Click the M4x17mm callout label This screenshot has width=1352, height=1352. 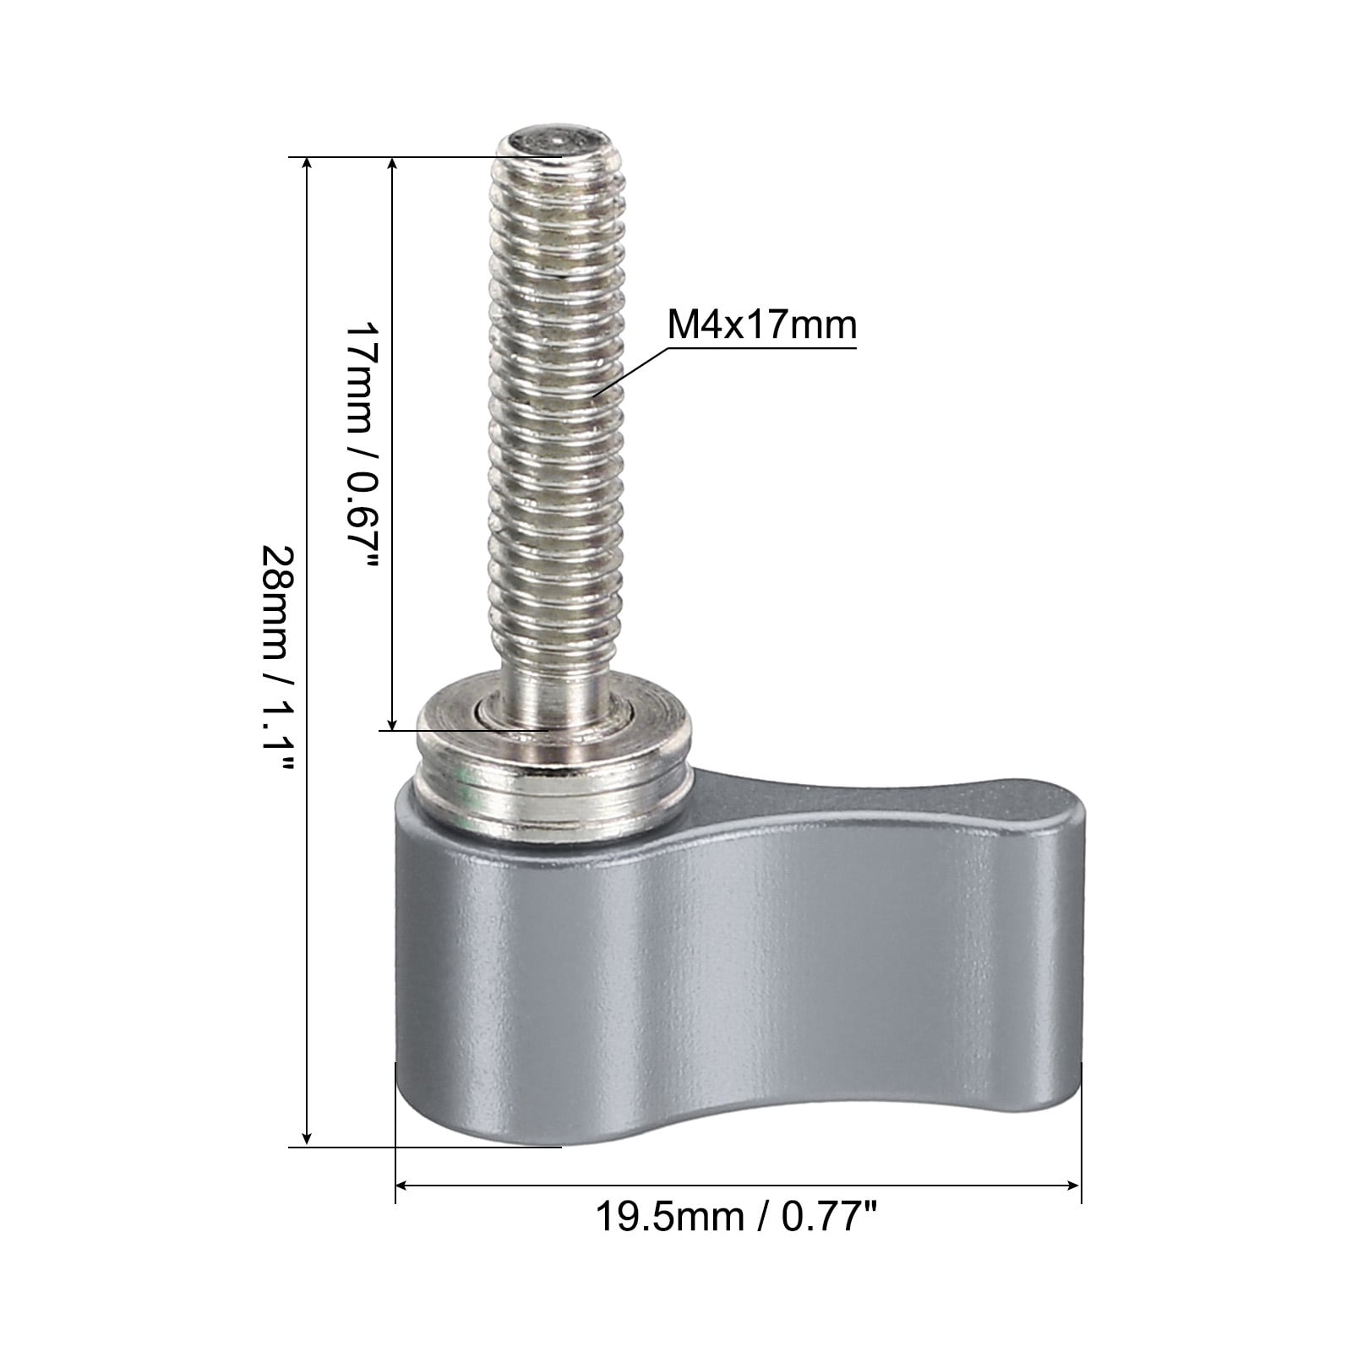[x=761, y=324]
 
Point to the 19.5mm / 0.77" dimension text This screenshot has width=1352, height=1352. [x=738, y=1218]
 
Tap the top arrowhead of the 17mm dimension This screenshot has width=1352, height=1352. [x=392, y=166]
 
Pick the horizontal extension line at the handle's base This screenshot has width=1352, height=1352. [x=422, y=1147]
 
